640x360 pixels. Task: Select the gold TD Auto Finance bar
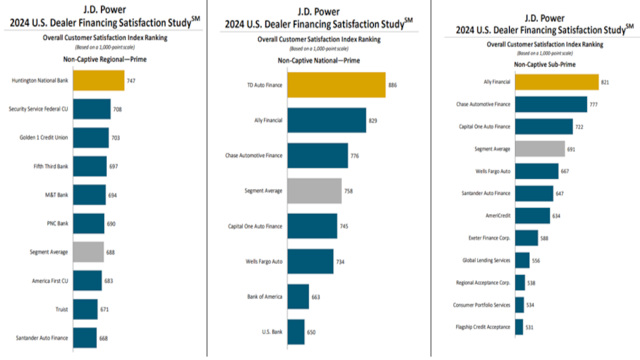tap(336, 85)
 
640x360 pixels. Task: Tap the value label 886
tap(393, 85)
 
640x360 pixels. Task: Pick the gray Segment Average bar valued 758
tap(314, 191)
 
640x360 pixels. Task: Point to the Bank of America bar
tap(297, 296)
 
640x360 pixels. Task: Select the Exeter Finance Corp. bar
tap(527, 237)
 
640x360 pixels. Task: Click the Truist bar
tap(86, 309)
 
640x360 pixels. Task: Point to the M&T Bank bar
tap(89, 195)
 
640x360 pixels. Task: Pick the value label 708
tap(117, 109)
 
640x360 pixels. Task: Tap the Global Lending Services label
tap(487, 260)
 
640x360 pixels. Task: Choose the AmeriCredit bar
tap(532, 215)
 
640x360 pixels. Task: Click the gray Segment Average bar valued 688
tap(89, 252)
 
